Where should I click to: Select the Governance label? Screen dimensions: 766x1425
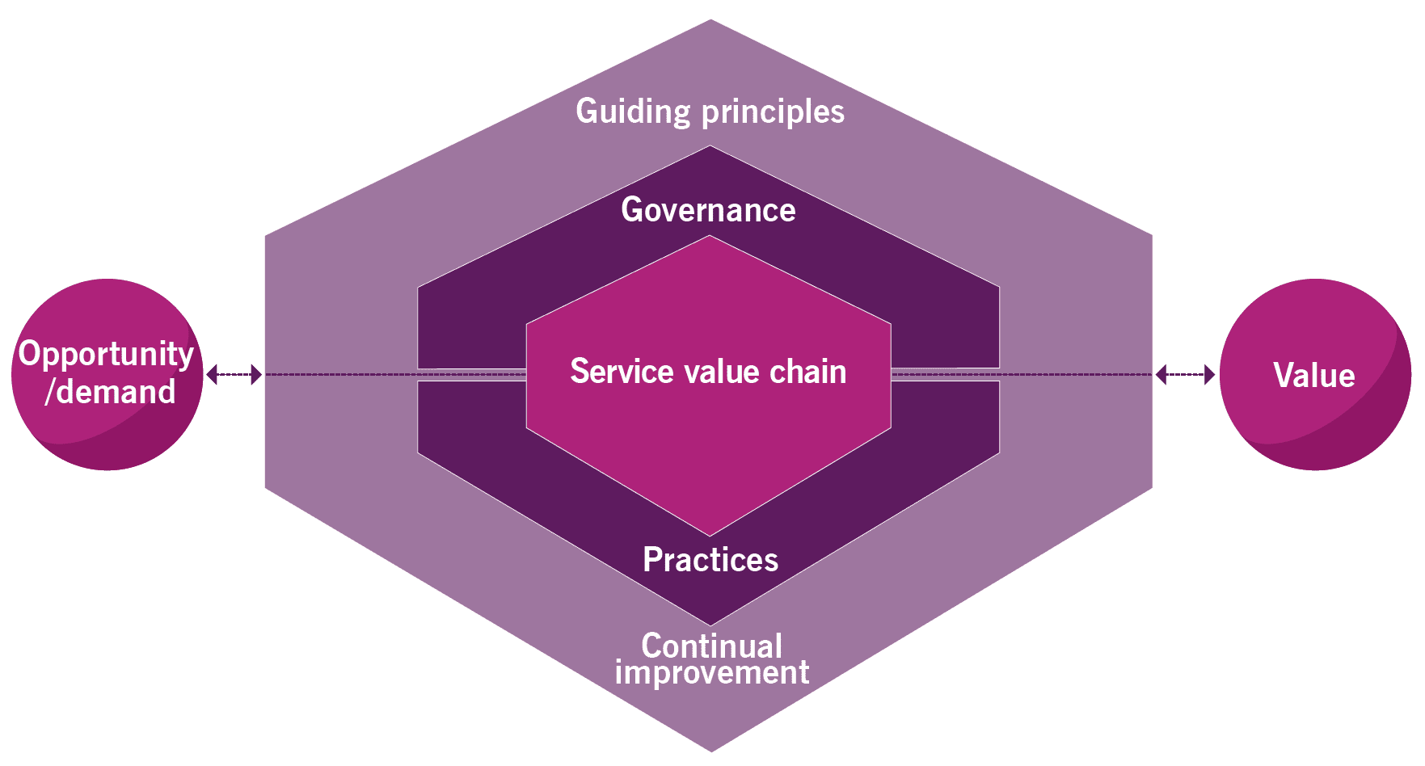(708, 210)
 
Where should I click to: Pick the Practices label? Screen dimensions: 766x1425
(710, 559)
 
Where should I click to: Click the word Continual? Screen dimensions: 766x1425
(711, 645)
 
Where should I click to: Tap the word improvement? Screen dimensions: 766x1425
(711, 672)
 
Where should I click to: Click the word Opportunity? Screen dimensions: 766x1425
(106, 354)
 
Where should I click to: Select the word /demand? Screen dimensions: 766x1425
(110, 392)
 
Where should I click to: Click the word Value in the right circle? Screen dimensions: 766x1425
(1313, 375)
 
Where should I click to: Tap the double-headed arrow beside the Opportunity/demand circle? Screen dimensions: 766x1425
(234, 374)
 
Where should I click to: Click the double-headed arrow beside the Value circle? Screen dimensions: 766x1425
(1185, 374)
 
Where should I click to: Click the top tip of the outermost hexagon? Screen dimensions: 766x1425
(710, 21)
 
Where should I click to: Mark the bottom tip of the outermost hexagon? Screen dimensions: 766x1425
(710, 750)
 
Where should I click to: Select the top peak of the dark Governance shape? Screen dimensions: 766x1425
(710, 148)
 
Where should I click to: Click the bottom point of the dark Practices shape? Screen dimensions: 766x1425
(710, 623)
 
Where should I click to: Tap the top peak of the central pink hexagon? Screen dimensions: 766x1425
(710, 238)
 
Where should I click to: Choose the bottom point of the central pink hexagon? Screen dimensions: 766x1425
(710, 534)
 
